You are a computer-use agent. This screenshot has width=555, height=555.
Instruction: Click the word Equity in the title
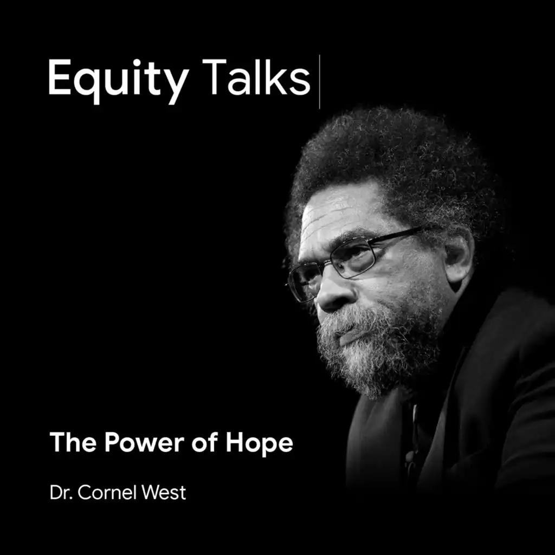pyautogui.click(x=119, y=81)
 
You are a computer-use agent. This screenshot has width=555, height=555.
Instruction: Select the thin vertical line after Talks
pyautogui.click(x=319, y=82)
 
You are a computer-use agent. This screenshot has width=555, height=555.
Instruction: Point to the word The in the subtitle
pyautogui.click(x=73, y=442)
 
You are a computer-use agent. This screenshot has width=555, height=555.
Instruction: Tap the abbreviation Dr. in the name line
pyautogui.click(x=61, y=492)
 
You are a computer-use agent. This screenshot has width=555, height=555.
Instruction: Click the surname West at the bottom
pyautogui.click(x=164, y=492)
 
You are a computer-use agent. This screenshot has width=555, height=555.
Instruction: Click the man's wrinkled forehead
pyautogui.click(x=340, y=216)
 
